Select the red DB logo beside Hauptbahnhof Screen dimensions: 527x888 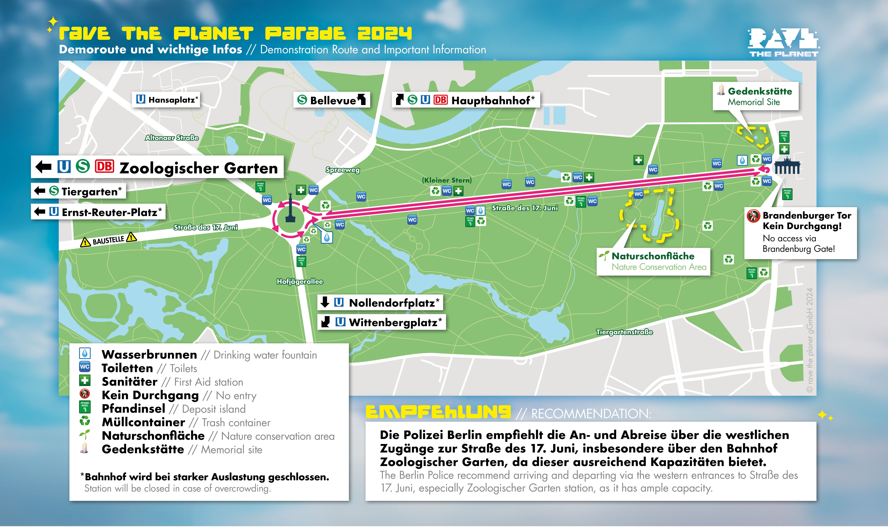pyautogui.click(x=440, y=100)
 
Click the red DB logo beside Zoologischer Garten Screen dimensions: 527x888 pyautogui.click(x=104, y=167)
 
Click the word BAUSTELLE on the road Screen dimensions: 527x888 pyautogui.click(x=108, y=240)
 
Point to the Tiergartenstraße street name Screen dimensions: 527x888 pyautogui.click(x=624, y=332)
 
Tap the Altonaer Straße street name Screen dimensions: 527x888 pyautogui.click(x=172, y=138)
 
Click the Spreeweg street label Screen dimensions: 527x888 pyautogui.click(x=342, y=170)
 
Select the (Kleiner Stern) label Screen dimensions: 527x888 pyautogui.click(x=447, y=180)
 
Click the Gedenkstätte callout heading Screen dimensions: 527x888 pyautogui.click(x=760, y=91)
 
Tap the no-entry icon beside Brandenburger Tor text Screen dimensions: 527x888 pyautogui.click(x=753, y=216)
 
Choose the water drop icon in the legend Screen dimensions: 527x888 pyautogui.click(x=84, y=353)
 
